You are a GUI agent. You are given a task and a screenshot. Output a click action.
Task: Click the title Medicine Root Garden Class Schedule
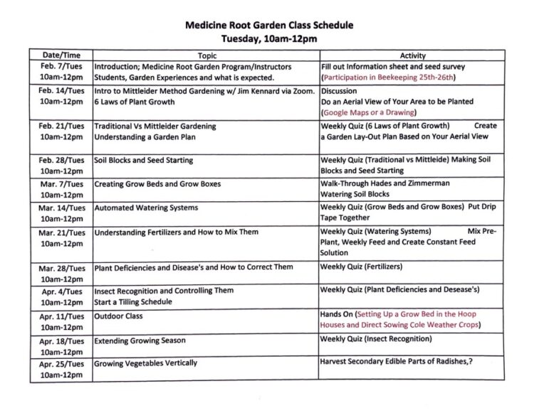[x=269, y=25]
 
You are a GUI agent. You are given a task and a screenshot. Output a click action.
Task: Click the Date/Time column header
[x=61, y=55]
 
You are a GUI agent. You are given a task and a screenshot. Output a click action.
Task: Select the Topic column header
[x=206, y=55]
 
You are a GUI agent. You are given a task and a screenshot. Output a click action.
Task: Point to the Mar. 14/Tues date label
[x=61, y=208]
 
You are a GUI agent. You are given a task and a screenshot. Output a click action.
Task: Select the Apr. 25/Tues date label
[x=61, y=363]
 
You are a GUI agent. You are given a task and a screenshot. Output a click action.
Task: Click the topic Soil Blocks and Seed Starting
[x=144, y=161]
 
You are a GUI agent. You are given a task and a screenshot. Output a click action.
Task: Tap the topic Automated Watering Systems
[x=147, y=208]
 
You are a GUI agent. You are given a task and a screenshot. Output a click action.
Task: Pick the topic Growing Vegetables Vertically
[x=145, y=363]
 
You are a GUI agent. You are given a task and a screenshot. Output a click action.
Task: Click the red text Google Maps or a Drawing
[x=369, y=112]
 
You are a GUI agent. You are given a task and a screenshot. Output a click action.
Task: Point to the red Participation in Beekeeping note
[x=388, y=77]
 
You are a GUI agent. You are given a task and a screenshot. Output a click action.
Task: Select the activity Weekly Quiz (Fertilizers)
[x=361, y=267]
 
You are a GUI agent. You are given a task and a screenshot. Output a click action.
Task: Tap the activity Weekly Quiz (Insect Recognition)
[x=376, y=338]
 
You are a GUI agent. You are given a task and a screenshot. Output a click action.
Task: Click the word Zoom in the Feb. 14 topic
[x=300, y=91]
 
